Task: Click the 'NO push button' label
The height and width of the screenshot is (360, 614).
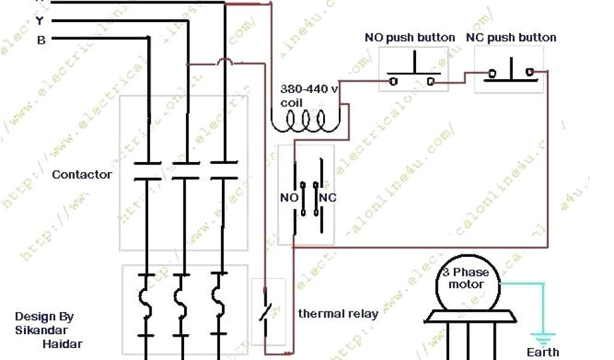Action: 410,38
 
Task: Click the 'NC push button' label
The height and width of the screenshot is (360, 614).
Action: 511,38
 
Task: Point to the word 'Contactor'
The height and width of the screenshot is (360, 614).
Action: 82,175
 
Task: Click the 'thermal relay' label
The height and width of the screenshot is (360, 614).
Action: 338,314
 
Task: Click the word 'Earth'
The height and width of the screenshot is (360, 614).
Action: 543,352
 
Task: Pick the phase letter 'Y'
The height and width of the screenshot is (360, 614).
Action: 40,22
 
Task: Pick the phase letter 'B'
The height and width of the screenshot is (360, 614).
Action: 41,41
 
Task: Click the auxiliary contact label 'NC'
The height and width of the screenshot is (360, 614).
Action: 328,197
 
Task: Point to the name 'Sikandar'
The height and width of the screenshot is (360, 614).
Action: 41,330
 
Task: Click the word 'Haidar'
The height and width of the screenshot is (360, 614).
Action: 62,344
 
